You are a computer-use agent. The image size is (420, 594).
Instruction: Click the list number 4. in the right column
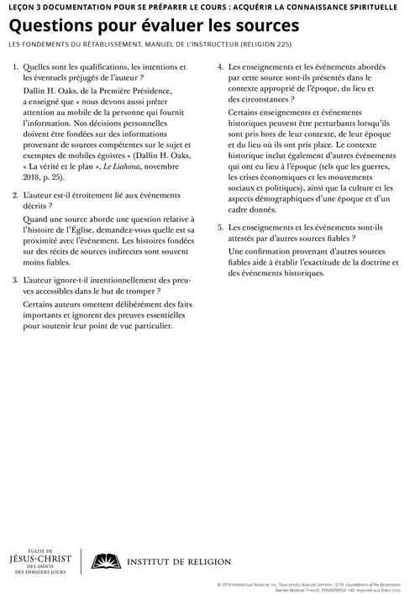coord(220,67)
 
